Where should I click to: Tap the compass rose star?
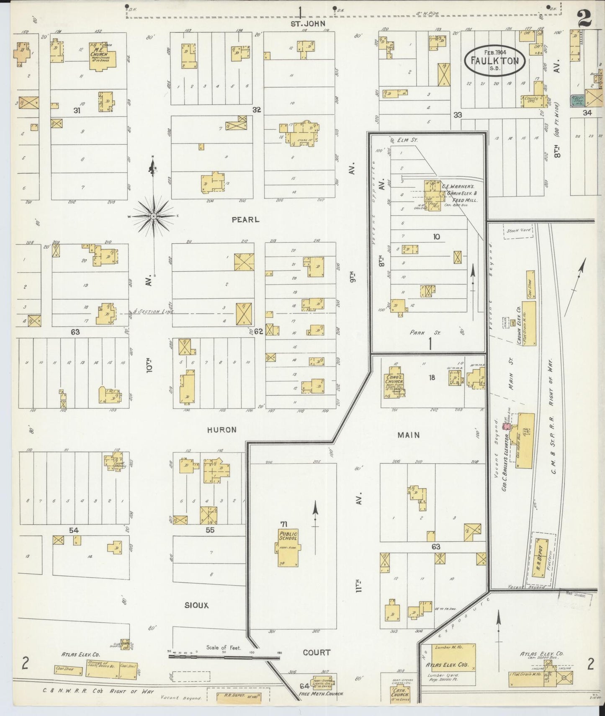[154, 216]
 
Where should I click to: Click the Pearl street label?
[246, 219]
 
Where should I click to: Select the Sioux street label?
[196, 605]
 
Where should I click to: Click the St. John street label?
[308, 24]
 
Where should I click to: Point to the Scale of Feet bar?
[224, 657]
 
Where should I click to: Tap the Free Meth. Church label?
[321, 693]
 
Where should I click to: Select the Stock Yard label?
[518, 230]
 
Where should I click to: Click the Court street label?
[317, 652]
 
